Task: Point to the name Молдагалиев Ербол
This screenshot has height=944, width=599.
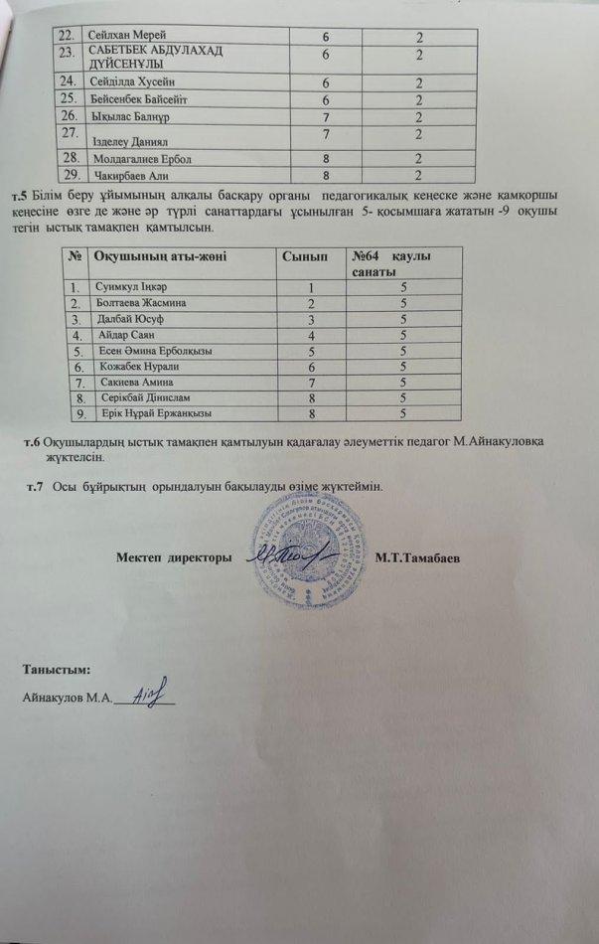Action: [141, 158]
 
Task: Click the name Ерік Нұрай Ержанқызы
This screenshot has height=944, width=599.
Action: [163, 412]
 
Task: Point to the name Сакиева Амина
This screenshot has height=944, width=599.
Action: [137, 382]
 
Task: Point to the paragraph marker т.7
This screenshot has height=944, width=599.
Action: [37, 487]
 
